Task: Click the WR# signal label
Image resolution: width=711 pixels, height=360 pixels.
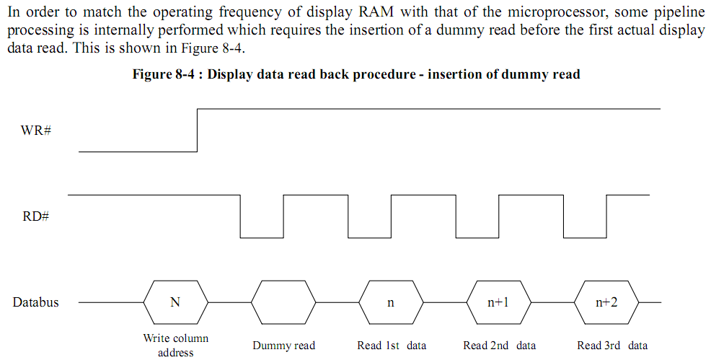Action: pyautogui.click(x=36, y=131)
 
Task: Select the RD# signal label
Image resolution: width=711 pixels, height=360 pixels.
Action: pyautogui.click(x=36, y=216)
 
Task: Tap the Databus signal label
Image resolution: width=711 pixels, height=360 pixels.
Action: pyautogui.click(x=36, y=302)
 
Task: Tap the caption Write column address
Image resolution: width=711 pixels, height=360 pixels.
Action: pyautogui.click(x=176, y=346)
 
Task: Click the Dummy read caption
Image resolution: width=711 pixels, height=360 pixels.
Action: pyautogui.click(x=284, y=346)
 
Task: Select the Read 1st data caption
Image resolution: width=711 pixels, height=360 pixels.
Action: pyautogui.click(x=392, y=346)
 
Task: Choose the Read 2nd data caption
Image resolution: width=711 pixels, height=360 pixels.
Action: pyautogui.click(x=499, y=346)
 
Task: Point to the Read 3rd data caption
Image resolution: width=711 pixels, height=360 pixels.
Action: pyautogui.click(x=612, y=346)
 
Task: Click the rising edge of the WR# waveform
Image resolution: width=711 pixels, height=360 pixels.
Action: pyautogui.click(x=198, y=130)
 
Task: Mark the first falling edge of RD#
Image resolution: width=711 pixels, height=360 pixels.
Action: pyautogui.click(x=240, y=216)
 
